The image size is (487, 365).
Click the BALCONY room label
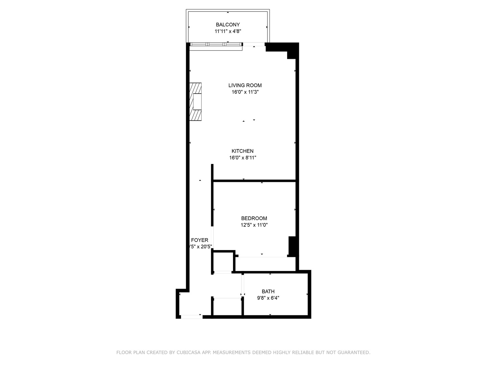[228, 25]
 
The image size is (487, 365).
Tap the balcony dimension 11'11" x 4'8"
[228, 31]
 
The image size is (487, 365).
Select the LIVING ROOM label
[245, 86]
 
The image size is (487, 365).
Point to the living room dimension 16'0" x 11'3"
[245, 92]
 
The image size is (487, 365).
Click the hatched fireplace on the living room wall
[195, 101]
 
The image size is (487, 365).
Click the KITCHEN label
[242, 151]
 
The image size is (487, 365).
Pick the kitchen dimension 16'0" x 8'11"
[242, 157]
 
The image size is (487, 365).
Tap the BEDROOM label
[254, 218]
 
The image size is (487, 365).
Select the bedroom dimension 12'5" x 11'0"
[254, 225]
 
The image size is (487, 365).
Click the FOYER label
[200, 240]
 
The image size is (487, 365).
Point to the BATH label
[268, 291]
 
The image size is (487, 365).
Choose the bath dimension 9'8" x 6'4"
[268, 298]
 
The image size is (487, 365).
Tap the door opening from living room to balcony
[254, 44]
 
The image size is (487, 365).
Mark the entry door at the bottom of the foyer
[191, 317]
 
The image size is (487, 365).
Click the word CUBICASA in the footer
[189, 352]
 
